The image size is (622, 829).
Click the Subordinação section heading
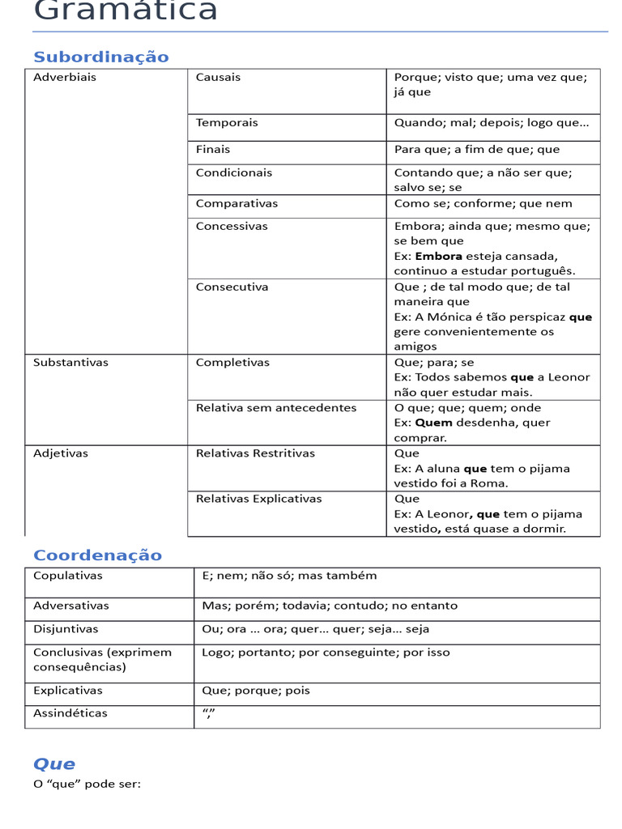coord(101,57)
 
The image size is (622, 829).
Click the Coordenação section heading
coord(97,555)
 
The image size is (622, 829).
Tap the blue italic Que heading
coord(54,763)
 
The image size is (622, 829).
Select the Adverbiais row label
coord(65,78)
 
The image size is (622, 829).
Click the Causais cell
coord(219,78)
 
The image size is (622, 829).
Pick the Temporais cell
coord(227,123)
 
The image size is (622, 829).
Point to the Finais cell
coord(213,150)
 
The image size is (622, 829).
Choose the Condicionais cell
coord(234,173)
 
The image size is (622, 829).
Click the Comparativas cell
coord(236,204)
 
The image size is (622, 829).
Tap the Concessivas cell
coord(232,227)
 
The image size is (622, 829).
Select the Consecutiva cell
coord(232,287)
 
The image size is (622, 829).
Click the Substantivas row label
coord(70,363)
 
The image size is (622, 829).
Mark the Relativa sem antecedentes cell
coord(276,408)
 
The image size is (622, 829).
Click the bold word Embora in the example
coord(438,257)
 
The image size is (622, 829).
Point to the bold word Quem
coord(433,423)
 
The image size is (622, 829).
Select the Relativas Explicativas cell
coord(258,499)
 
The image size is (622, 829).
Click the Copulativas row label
coord(68,576)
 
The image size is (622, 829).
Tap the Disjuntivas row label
coord(66,629)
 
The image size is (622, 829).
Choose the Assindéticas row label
coord(70,713)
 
